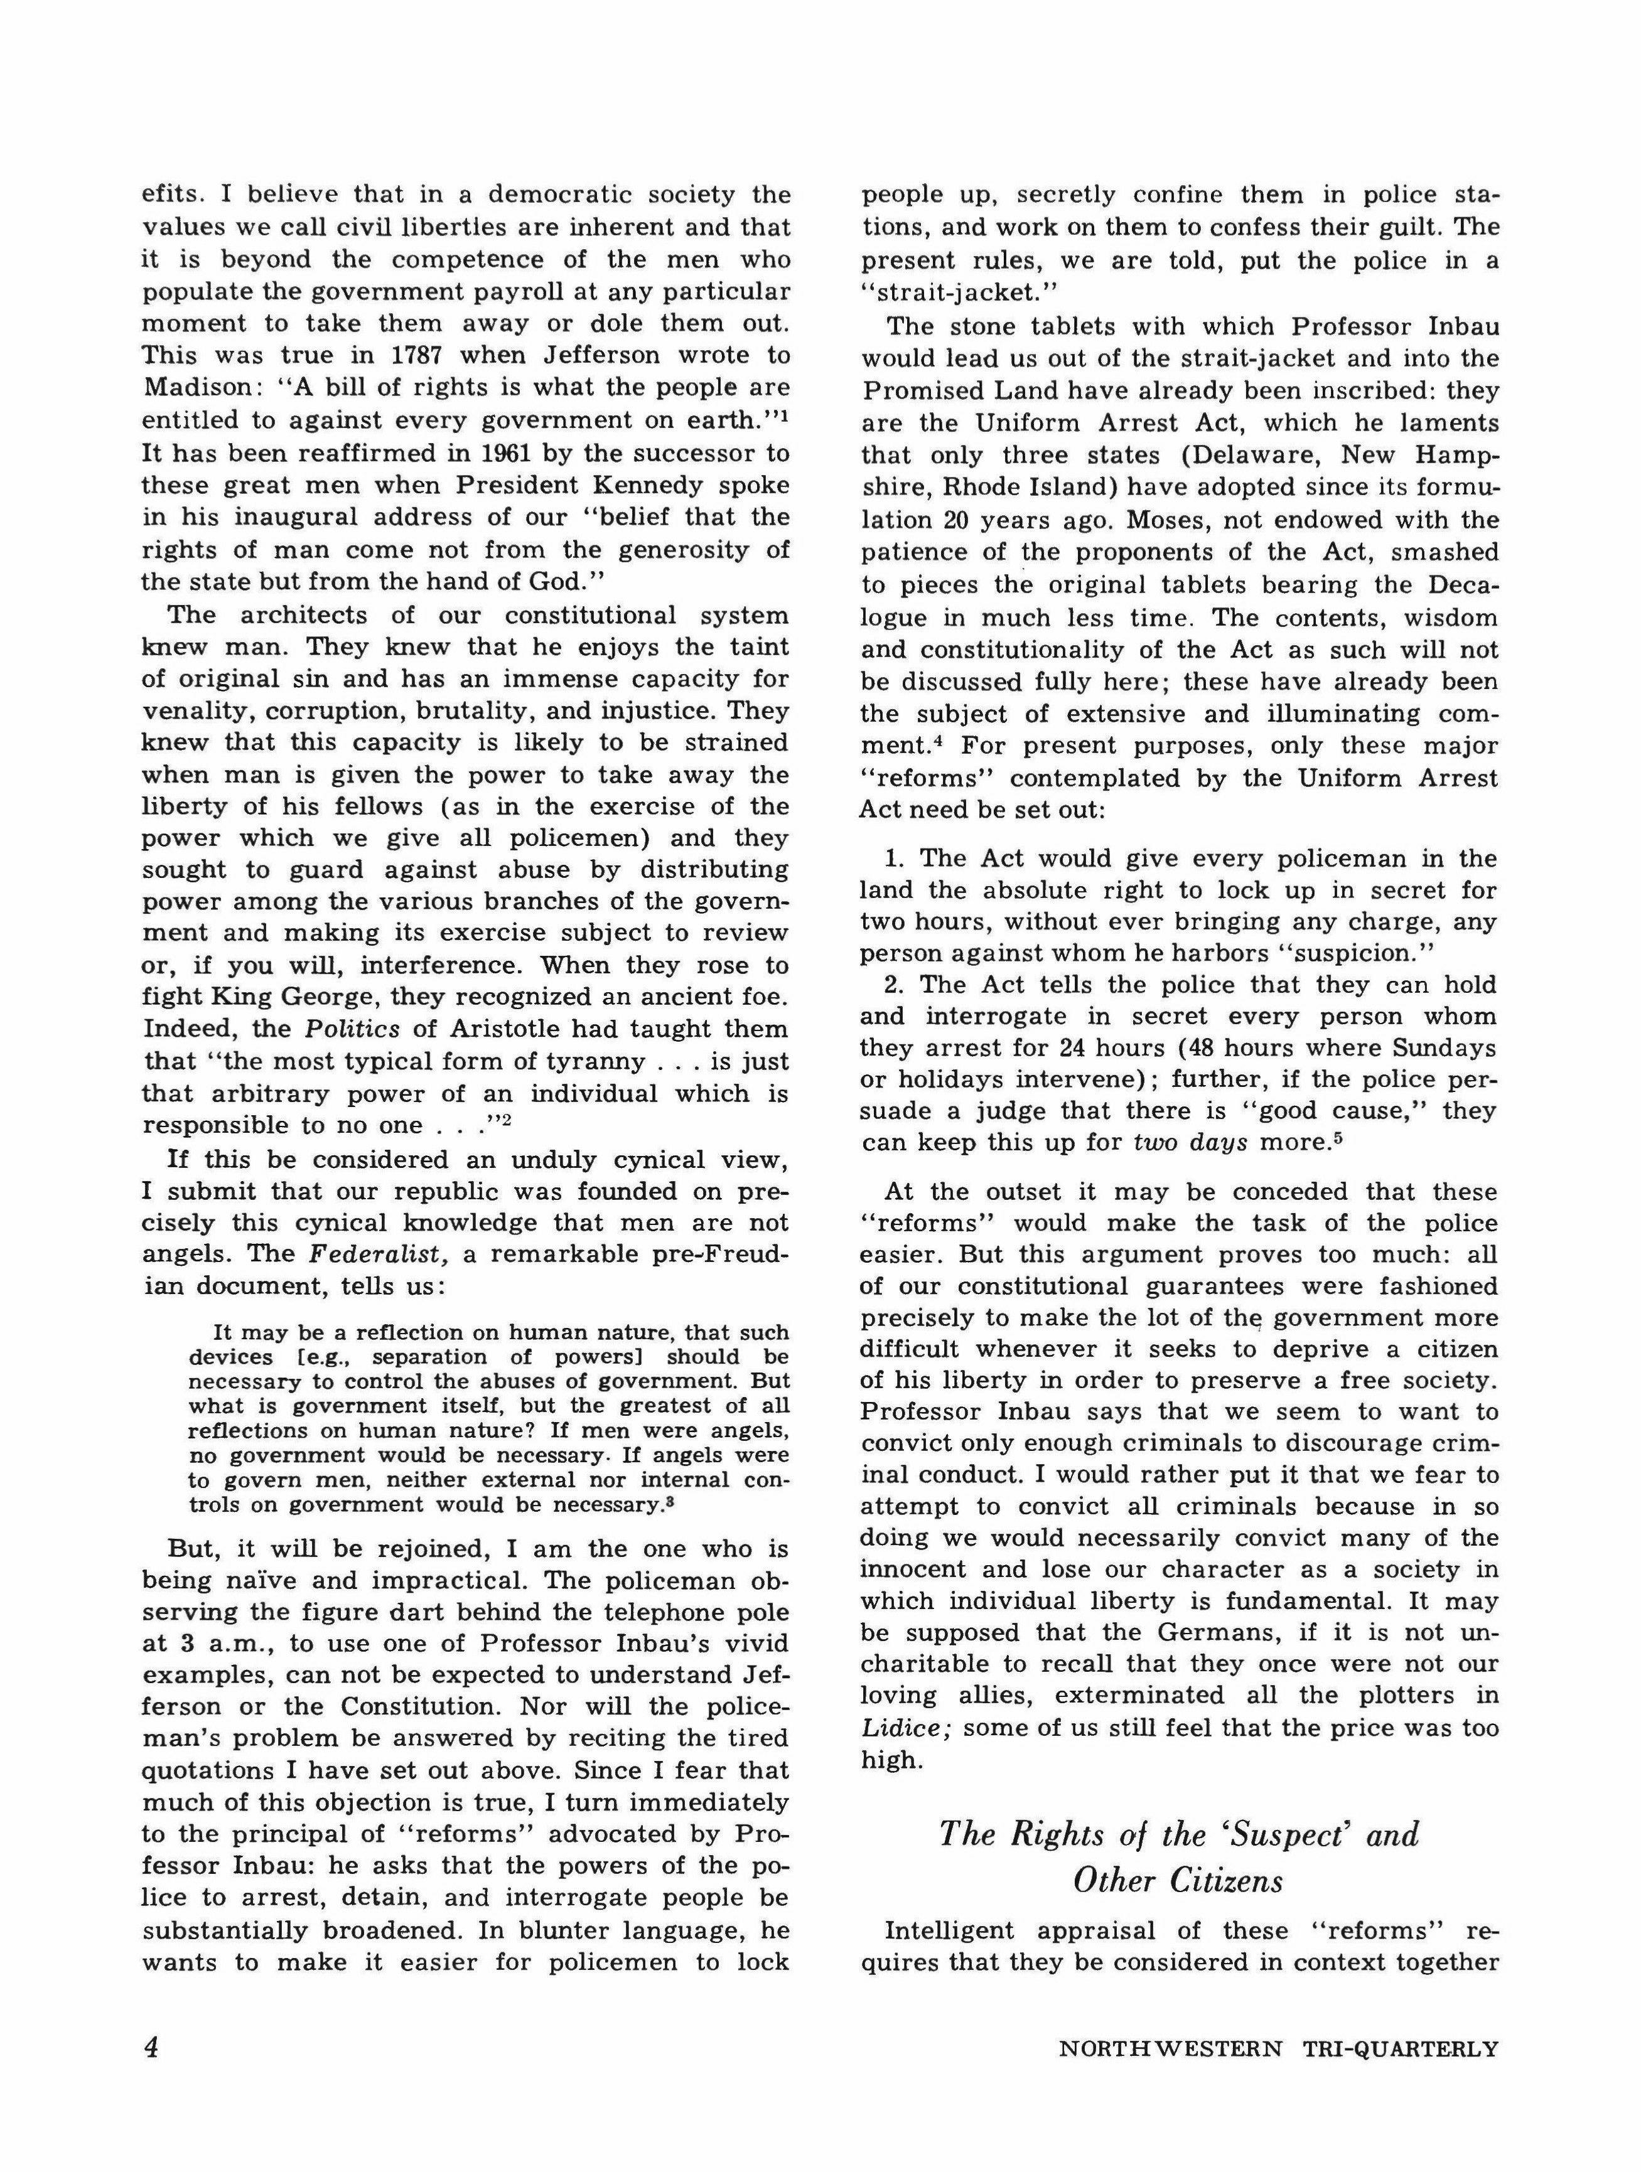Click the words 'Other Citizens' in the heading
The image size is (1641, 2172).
tap(1178, 1880)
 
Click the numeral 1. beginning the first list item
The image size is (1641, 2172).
tap(894, 859)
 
